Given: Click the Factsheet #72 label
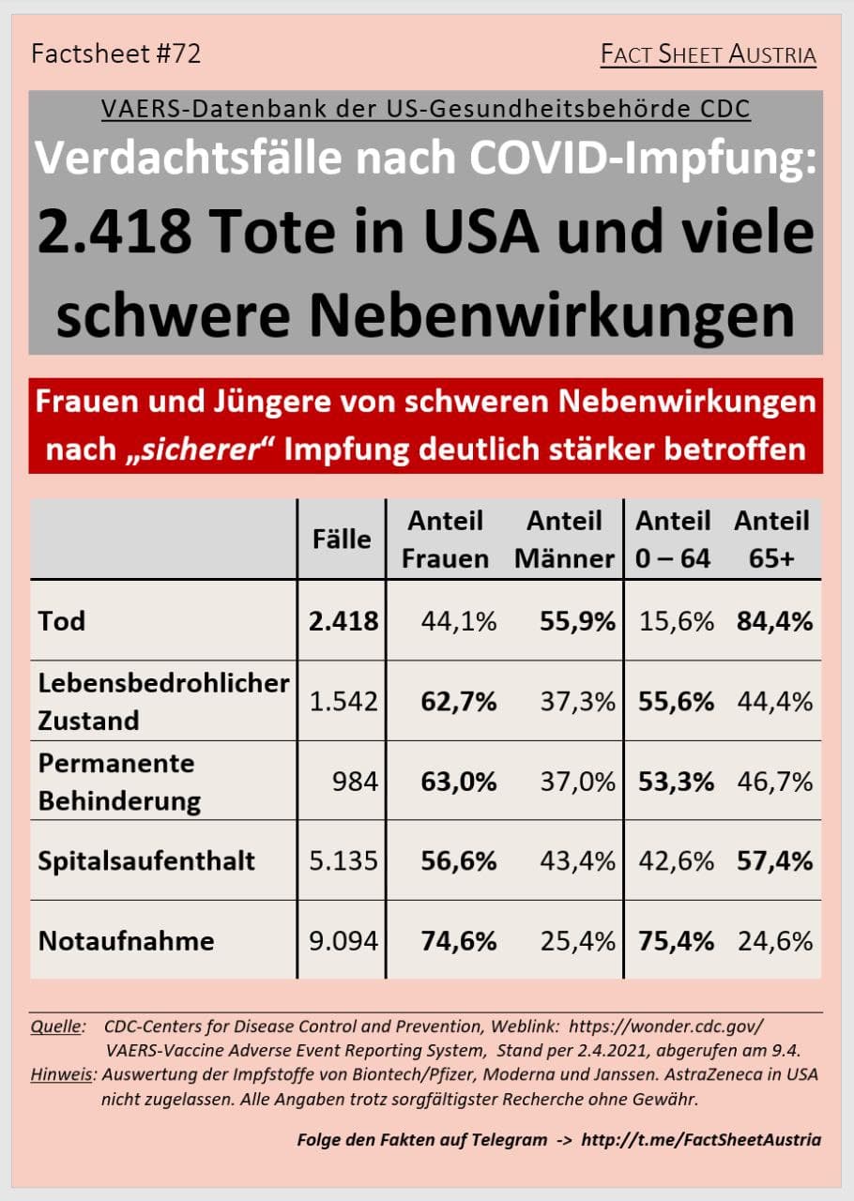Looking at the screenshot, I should (116, 53).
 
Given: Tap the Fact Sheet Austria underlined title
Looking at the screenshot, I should (709, 54).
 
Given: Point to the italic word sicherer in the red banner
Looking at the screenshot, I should (204, 448).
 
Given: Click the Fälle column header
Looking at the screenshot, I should (342, 539).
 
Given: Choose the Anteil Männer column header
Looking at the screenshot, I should (564, 540).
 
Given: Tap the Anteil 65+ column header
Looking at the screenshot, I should (771, 540).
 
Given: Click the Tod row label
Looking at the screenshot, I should (62, 620).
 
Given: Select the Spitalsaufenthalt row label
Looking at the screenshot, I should (146, 860).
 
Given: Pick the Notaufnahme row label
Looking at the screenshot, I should (127, 940).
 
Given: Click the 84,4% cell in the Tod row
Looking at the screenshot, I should (774, 620).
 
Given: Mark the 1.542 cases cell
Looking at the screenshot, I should (344, 701).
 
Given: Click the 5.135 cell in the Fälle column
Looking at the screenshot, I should (344, 860).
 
